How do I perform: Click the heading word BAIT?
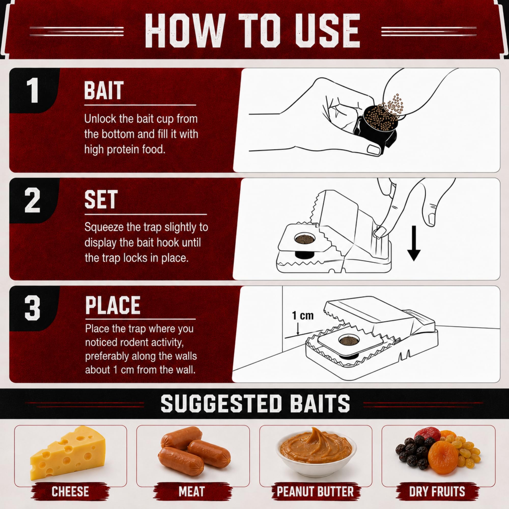[104, 90]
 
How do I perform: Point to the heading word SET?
[101, 200]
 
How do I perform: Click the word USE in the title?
[328, 31]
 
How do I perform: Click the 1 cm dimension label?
[303, 315]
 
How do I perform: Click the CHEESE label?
[70, 492]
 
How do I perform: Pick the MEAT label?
[192, 492]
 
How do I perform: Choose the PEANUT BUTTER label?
[315, 492]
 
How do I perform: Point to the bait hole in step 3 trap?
[348, 340]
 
